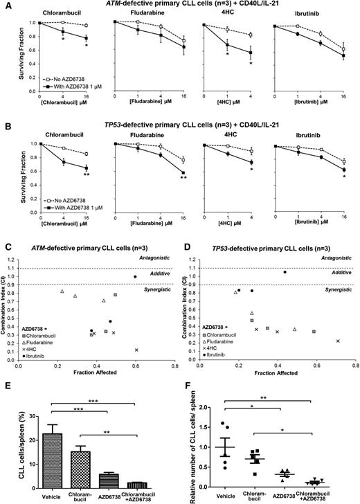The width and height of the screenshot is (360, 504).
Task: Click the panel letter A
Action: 5,5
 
